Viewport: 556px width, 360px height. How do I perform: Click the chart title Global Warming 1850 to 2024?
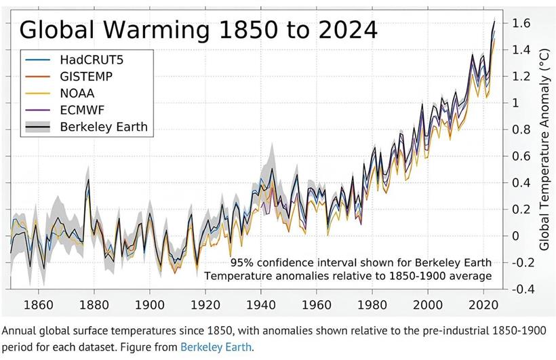coord(198,29)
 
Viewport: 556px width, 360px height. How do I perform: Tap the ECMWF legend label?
coord(83,110)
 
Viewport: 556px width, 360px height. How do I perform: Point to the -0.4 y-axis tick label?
coord(516,289)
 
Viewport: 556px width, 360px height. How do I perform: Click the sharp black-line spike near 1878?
coord(87,180)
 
